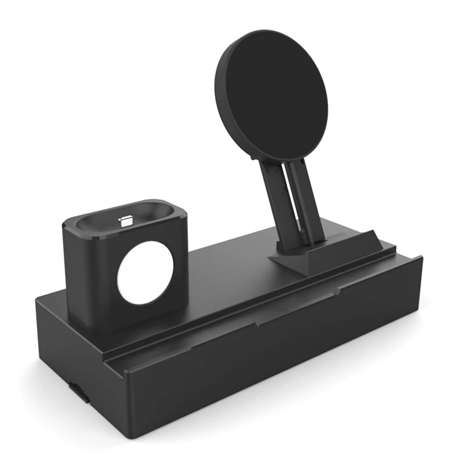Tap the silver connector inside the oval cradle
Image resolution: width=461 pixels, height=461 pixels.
point(125,220)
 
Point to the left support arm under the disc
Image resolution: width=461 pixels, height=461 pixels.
point(275,202)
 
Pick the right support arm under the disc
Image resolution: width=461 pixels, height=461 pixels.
point(305,202)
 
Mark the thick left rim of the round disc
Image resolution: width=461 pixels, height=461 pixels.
point(221,98)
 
